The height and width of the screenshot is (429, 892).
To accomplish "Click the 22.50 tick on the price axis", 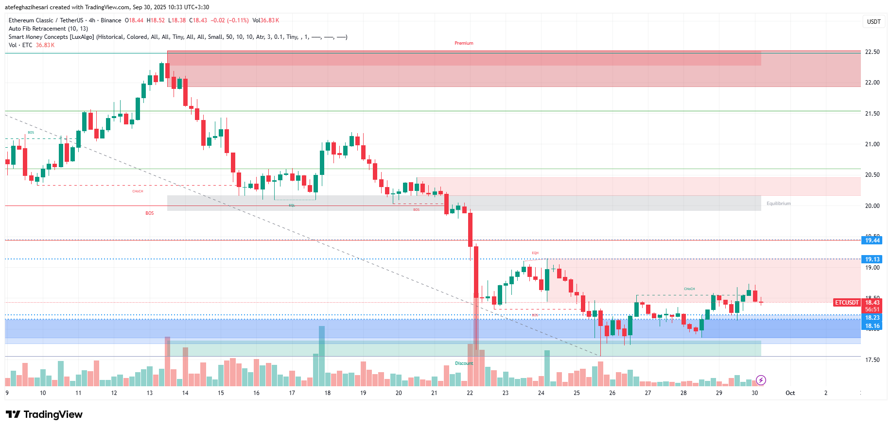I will click(x=872, y=52).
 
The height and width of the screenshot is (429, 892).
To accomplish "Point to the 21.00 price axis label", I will click(x=872, y=144).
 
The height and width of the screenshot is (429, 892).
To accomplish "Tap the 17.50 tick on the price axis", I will click(x=872, y=360).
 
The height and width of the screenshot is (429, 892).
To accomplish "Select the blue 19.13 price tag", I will click(x=872, y=259).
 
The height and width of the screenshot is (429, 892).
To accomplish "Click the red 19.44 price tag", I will click(x=872, y=240).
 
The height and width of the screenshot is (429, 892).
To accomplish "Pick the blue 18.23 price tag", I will click(x=872, y=318).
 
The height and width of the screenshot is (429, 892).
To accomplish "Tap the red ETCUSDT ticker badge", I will click(x=847, y=303).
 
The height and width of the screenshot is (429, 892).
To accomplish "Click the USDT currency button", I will click(x=874, y=22).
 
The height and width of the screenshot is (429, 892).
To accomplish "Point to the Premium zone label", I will click(x=464, y=43).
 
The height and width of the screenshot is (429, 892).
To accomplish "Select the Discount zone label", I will click(x=464, y=363).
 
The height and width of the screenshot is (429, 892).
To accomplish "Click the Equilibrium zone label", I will click(x=778, y=204).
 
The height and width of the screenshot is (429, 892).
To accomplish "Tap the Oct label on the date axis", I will click(x=790, y=393).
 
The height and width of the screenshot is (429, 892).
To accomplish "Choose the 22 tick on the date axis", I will click(x=470, y=393).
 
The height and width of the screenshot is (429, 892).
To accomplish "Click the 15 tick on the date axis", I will click(x=221, y=393).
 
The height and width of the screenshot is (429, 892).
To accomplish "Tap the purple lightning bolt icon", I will click(x=761, y=380).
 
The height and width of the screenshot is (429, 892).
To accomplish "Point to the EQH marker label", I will click(x=535, y=253).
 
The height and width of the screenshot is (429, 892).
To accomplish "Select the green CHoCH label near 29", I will click(x=689, y=289).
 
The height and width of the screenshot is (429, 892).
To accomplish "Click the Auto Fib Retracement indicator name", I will click(x=37, y=29).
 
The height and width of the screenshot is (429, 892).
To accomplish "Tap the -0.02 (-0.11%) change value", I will click(x=229, y=20).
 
